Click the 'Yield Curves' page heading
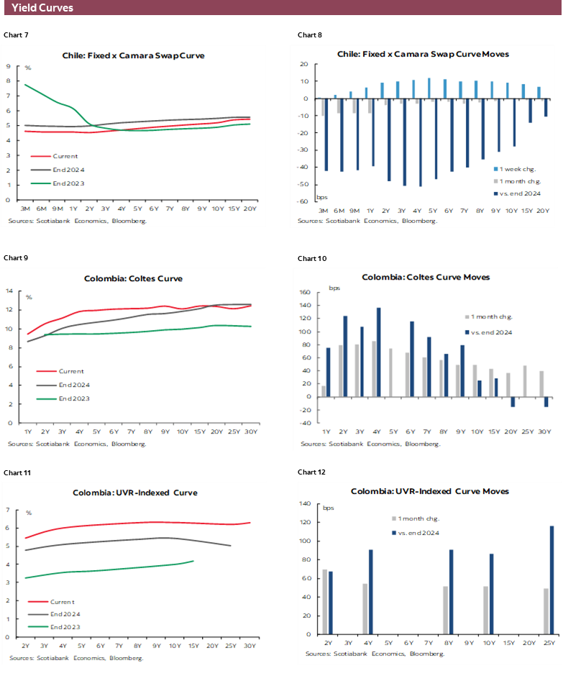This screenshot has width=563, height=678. [x=42, y=8]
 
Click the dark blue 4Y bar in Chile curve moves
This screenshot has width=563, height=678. [x=420, y=142]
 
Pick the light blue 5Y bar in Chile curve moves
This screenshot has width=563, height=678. [x=429, y=88]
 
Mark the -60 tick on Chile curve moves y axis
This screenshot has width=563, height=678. [x=305, y=202]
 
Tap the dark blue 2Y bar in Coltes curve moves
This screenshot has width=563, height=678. [x=345, y=356]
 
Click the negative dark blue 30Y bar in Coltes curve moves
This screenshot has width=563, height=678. [x=546, y=402]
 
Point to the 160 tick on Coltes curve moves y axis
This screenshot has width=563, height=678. [x=304, y=293]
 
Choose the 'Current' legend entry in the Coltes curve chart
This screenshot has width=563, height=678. [x=70, y=371]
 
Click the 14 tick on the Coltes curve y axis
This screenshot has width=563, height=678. [x=9, y=291]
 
